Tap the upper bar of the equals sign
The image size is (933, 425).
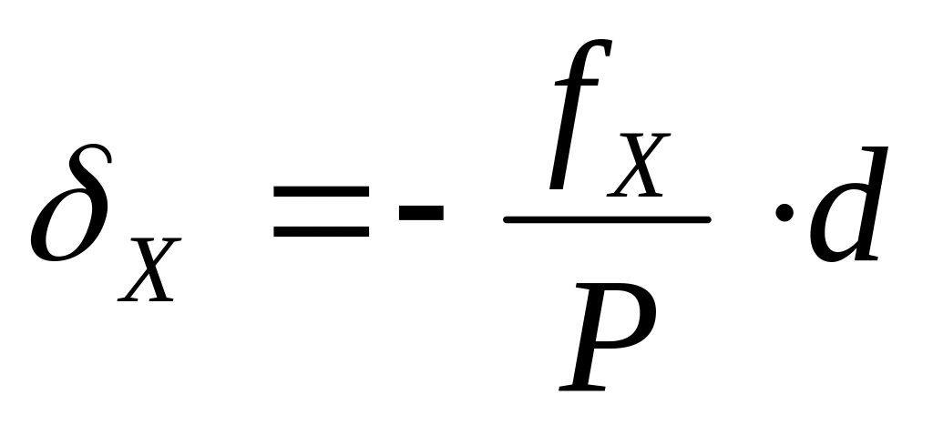321,193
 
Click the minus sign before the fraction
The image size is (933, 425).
420,213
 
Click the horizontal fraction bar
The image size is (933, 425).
607,219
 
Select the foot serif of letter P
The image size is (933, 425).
583,386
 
